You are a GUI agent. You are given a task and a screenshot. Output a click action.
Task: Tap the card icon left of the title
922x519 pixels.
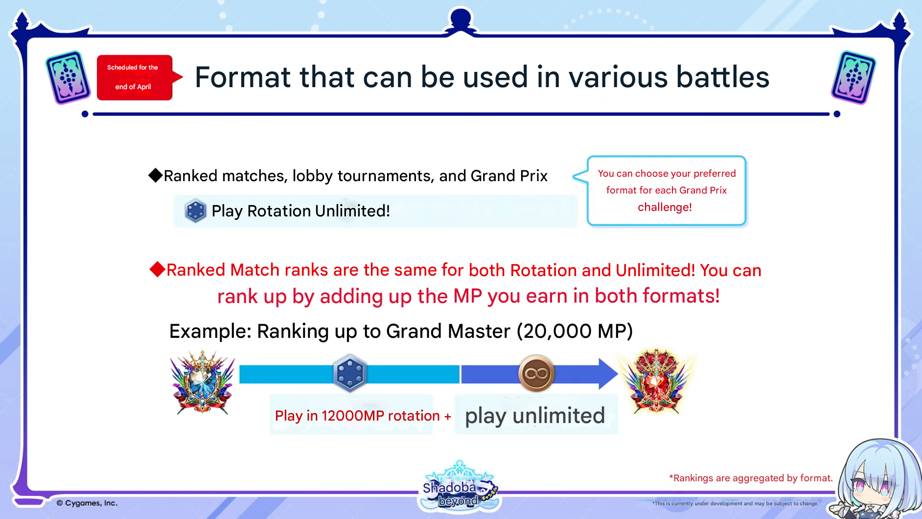coord(68,77)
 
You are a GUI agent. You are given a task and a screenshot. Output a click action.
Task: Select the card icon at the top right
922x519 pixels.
coord(853,77)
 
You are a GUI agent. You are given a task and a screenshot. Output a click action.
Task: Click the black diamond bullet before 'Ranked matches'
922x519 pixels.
coord(156,175)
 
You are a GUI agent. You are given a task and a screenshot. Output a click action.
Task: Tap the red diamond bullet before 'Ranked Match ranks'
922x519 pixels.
coord(157,269)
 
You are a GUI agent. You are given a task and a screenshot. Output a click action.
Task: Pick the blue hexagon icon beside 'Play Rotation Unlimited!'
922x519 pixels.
coord(195,211)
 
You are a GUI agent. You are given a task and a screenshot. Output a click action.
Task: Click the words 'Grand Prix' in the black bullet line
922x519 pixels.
coord(509,176)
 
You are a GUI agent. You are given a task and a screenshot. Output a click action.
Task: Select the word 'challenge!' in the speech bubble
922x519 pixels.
coord(665,207)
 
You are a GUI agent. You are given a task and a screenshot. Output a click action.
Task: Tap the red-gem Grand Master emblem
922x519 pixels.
coord(656,381)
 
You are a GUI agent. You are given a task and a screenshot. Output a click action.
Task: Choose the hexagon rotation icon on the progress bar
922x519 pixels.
coord(350,373)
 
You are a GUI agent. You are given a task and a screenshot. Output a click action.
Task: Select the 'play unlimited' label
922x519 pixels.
coord(535,416)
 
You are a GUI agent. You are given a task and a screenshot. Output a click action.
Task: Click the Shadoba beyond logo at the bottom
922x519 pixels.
coord(459,487)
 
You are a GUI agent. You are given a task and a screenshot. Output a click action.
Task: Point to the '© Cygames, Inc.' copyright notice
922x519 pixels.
coord(87,503)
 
